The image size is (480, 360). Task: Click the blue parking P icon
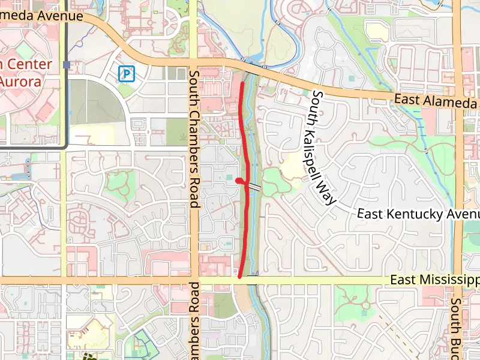(x=127, y=74)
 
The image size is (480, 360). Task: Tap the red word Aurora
(x=21, y=81)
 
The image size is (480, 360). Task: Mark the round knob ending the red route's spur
(x=239, y=180)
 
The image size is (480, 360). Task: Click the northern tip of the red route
(x=241, y=83)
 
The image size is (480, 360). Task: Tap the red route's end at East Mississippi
(x=240, y=277)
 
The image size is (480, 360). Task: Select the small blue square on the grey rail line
(x=66, y=64)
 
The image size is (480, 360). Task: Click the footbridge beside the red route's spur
(x=255, y=187)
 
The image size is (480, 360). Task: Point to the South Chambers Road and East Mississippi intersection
(x=194, y=280)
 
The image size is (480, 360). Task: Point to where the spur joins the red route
(x=247, y=185)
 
